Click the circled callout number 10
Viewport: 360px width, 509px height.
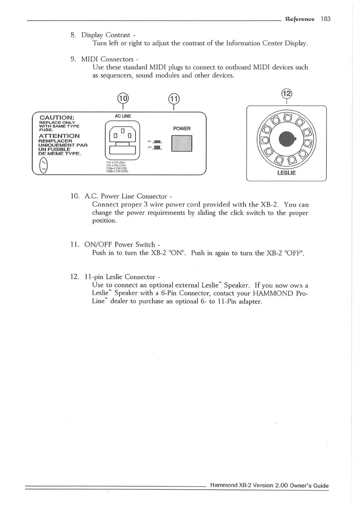[123, 99]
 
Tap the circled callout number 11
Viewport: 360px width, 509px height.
[174, 99]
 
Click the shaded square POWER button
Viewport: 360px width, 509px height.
[182, 144]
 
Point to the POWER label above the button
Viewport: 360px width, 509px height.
[182, 128]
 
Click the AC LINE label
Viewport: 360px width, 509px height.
[123, 116]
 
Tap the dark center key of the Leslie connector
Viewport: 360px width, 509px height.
[286, 138]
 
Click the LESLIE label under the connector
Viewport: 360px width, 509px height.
[286, 173]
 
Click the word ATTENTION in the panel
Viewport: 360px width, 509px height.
[59, 136]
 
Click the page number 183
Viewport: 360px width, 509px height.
[326, 19]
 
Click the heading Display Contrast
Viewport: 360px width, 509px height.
[106, 35]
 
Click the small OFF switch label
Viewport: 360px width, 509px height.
[149, 148]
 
